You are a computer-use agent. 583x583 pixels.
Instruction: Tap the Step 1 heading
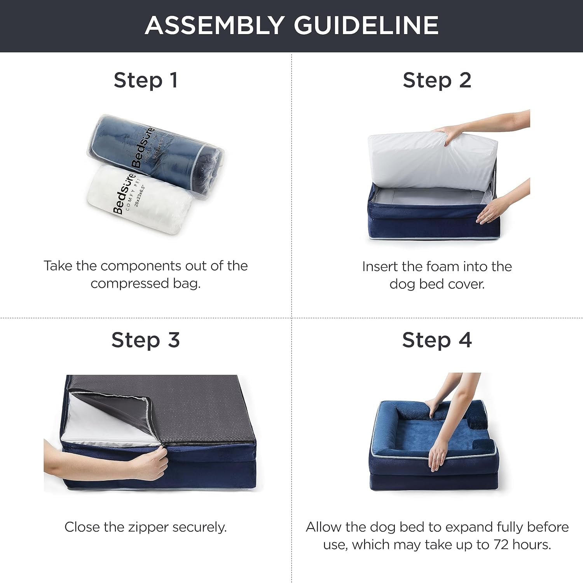click(x=146, y=80)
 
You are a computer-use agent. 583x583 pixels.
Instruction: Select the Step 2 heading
click(x=437, y=80)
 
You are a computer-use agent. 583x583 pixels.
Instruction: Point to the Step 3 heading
click(x=145, y=340)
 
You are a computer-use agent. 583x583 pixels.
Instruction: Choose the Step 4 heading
click(x=437, y=340)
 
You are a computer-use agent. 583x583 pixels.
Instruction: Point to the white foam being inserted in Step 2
click(x=428, y=159)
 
